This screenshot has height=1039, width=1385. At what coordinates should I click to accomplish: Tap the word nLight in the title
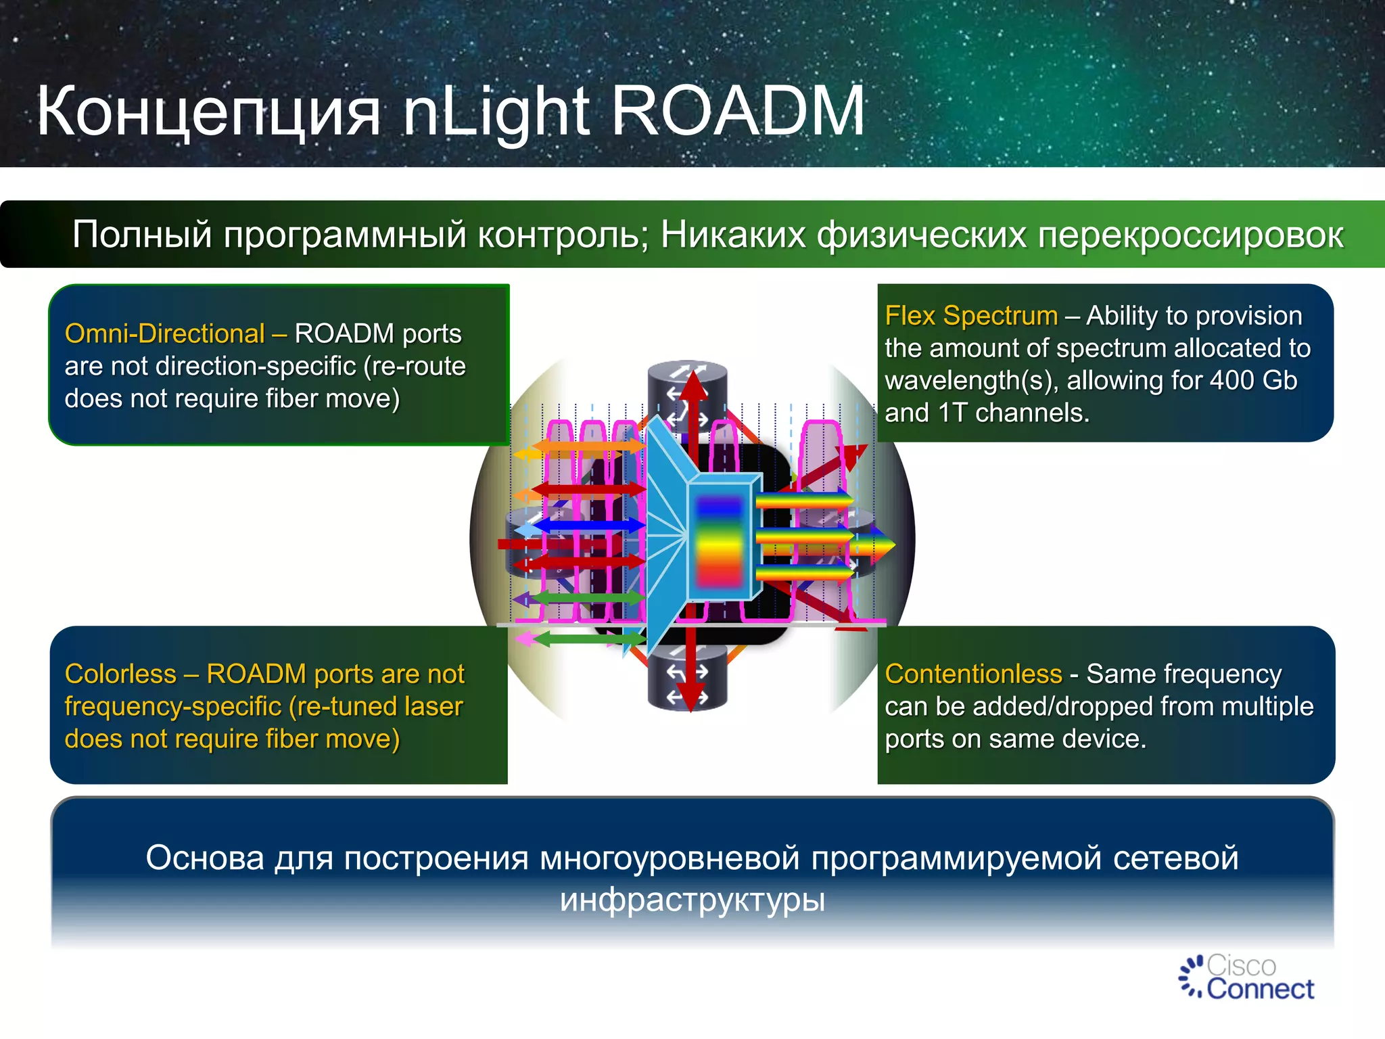(496, 112)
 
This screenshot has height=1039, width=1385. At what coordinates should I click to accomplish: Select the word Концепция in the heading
(208, 112)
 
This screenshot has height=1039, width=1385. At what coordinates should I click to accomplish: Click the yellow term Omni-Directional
(164, 333)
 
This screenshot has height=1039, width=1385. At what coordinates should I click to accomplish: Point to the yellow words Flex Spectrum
(971, 316)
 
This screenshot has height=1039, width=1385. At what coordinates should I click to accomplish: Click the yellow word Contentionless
(973, 674)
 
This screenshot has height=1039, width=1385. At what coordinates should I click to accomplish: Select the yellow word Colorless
(120, 674)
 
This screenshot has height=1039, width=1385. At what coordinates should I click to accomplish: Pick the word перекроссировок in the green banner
(1190, 235)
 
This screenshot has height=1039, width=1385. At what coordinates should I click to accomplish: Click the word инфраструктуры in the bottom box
(692, 900)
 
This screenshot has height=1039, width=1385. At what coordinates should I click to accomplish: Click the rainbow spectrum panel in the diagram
(719, 540)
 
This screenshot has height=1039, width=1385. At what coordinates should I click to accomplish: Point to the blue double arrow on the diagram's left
(588, 525)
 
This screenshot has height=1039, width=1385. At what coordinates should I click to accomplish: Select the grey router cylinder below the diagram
(687, 680)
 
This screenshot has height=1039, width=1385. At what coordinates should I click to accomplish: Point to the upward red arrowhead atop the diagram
(692, 386)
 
